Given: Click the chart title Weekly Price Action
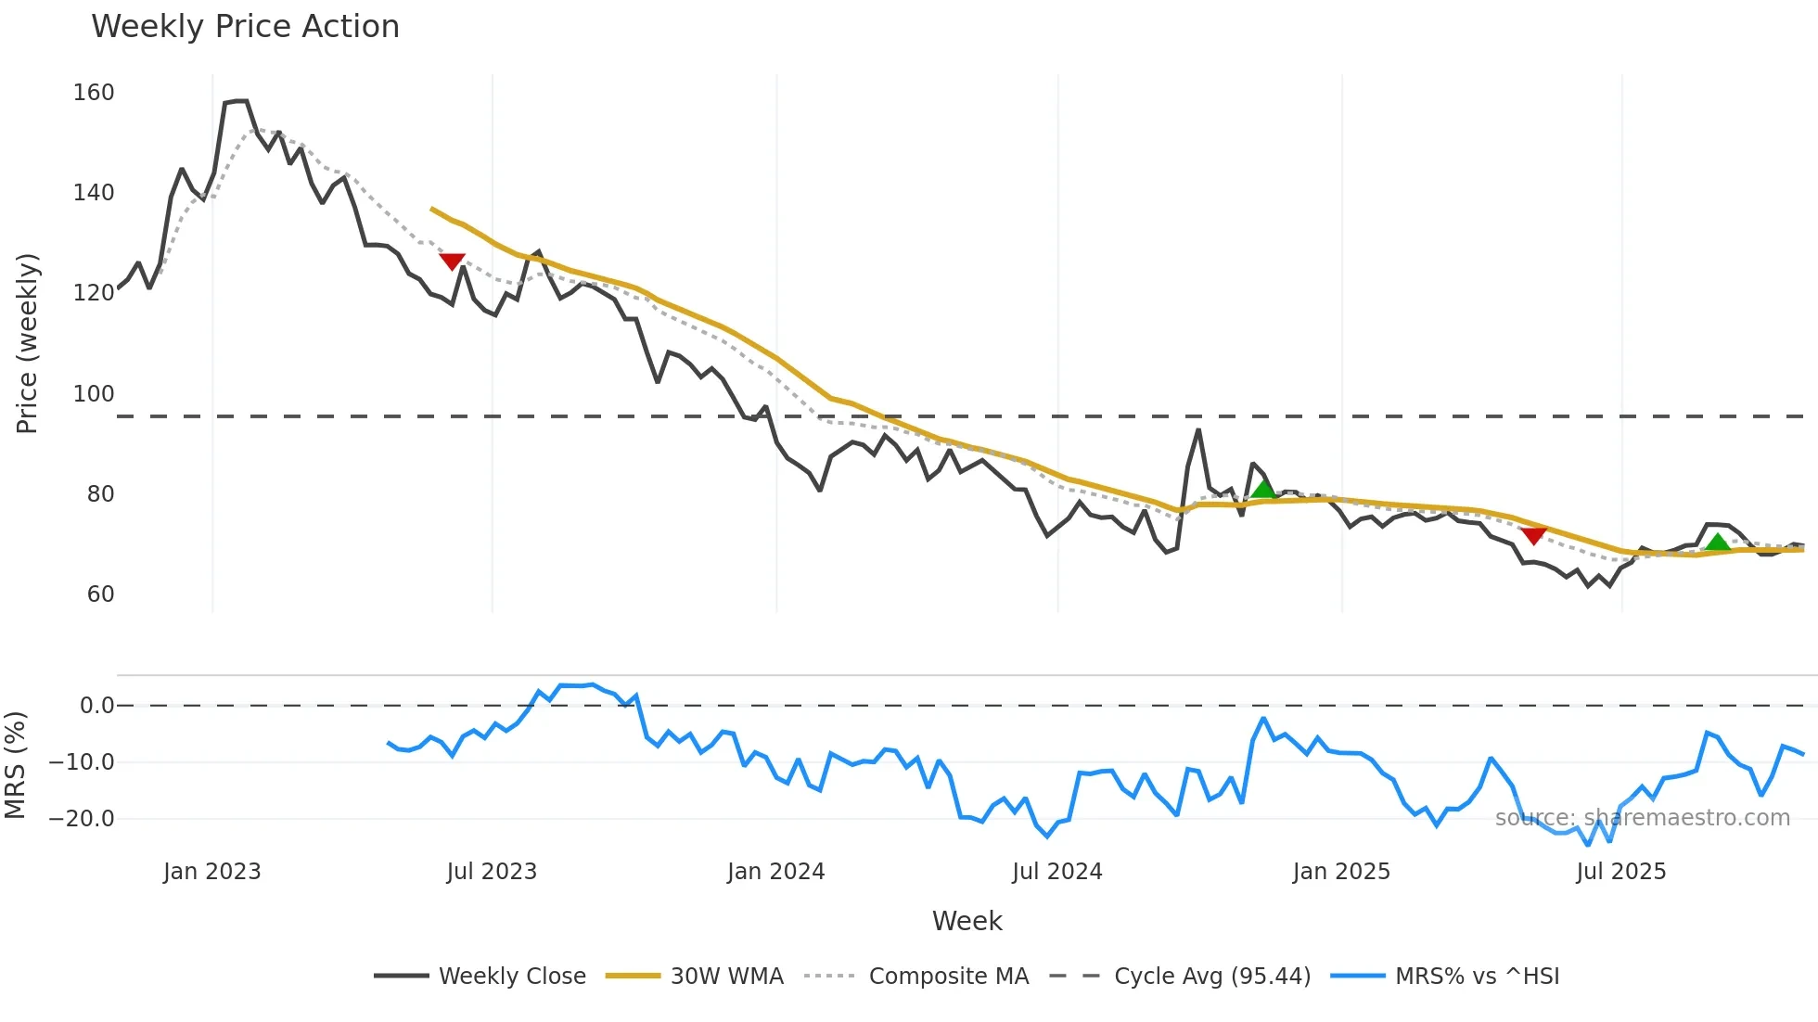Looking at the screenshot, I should (x=245, y=27).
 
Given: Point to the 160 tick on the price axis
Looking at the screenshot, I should (x=94, y=93).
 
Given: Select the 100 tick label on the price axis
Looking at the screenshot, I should (x=94, y=393).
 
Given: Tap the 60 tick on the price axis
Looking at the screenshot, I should (x=100, y=594).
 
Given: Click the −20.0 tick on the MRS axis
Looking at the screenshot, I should (x=82, y=819).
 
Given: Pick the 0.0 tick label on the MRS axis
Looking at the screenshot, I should (x=96, y=706).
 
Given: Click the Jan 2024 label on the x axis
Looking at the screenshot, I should (x=775, y=872).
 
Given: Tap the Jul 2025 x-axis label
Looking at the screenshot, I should (x=1620, y=872).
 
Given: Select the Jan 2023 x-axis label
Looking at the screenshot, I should (x=211, y=872).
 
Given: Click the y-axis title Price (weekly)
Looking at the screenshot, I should (x=27, y=343).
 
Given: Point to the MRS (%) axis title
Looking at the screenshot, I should (x=15, y=765).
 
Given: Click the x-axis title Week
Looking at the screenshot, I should (x=967, y=921).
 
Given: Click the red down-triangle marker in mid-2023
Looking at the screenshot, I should (x=452, y=262).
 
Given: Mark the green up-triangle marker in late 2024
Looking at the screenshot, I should (x=1262, y=489).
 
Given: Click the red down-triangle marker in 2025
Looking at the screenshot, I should (x=1533, y=535).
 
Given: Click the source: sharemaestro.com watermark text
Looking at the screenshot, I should (x=1642, y=818).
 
